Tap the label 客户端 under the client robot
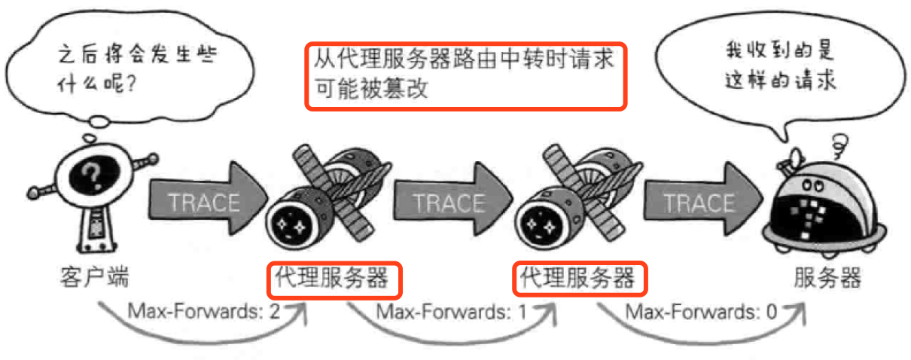click(x=93, y=278)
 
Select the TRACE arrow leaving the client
click(x=205, y=202)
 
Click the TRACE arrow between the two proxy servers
click(x=450, y=202)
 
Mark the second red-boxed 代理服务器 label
click(x=580, y=279)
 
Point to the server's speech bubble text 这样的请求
click(x=780, y=80)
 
